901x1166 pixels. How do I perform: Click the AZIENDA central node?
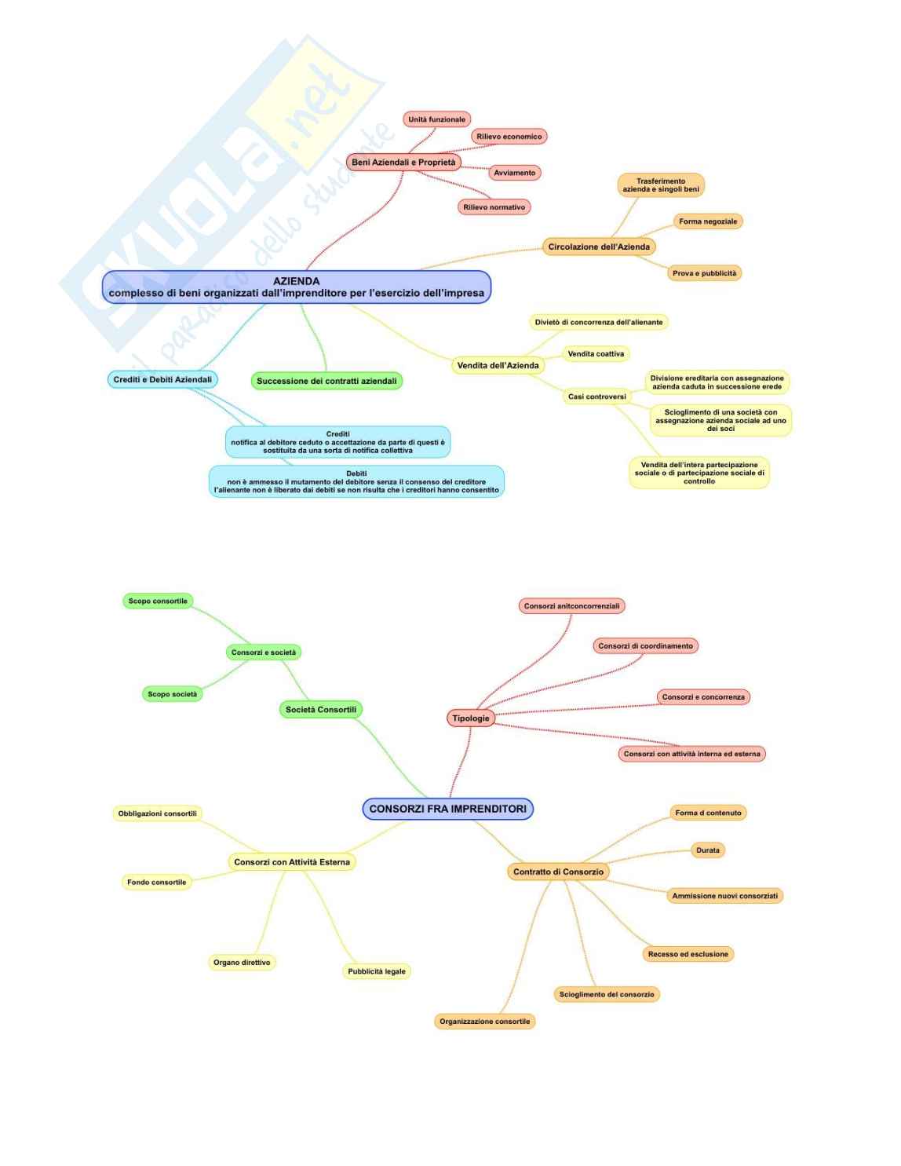(296, 287)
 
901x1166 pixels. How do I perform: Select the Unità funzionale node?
(436, 119)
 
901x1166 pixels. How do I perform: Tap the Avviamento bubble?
(515, 173)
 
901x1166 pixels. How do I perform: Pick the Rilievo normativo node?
(494, 207)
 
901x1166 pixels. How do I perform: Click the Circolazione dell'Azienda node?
(599, 247)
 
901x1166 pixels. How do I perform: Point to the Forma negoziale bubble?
(708, 221)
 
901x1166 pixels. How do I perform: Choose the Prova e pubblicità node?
(704, 273)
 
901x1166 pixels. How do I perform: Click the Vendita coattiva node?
(596, 354)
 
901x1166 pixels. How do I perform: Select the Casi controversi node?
(596, 397)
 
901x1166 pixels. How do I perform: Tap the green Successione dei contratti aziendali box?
(326, 381)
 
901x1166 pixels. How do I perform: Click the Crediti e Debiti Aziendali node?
(162, 379)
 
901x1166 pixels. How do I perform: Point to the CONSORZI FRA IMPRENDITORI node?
(448, 809)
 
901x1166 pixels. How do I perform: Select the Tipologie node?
(471, 718)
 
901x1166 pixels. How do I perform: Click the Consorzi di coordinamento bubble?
(645, 646)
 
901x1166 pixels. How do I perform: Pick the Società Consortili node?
(320, 710)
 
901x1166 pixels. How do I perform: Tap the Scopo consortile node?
(158, 601)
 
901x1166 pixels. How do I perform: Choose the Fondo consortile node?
(157, 883)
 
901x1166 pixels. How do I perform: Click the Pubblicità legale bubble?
(377, 971)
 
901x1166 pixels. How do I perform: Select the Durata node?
(707, 850)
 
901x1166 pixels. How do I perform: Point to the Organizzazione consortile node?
(484, 1022)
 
